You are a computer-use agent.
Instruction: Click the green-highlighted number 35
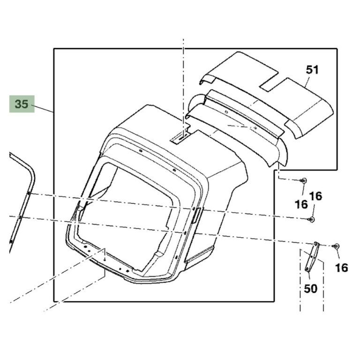point(22,104)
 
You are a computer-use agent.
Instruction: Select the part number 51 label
point(313,70)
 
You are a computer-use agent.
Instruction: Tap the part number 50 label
point(310,289)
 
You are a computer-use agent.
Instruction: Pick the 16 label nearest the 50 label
point(341,268)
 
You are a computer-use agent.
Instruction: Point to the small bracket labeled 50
point(312,257)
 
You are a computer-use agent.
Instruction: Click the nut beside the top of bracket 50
point(337,247)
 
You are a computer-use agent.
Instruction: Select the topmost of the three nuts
point(304,180)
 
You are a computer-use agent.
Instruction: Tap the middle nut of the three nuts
point(312,219)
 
